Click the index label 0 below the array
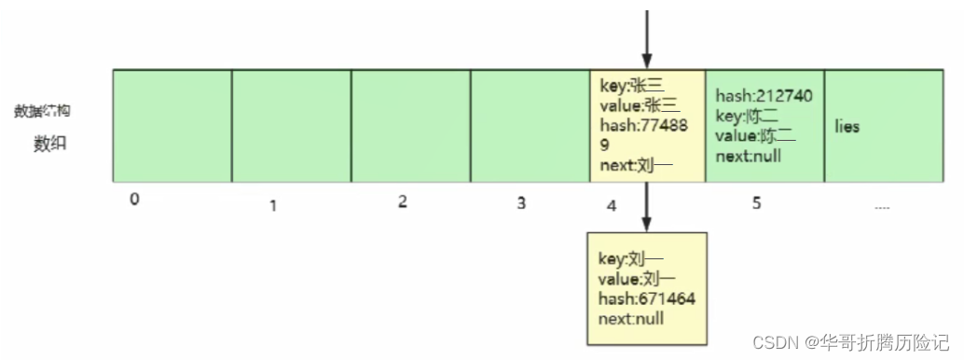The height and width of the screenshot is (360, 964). [135, 200]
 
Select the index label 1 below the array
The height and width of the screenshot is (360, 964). [273, 204]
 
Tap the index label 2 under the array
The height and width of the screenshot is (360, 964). [402, 201]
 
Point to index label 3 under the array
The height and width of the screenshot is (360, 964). [521, 202]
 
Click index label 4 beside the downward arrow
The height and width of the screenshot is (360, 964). [611, 202]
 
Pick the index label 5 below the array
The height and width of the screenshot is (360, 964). [756, 201]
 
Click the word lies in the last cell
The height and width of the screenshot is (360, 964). [847, 127]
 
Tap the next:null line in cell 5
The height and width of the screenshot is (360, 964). [749, 156]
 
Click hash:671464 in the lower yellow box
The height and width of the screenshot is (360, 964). [646, 298]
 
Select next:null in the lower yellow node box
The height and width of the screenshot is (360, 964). [631, 318]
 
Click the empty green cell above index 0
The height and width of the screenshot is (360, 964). [172, 125]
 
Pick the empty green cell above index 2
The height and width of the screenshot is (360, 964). [410, 125]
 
